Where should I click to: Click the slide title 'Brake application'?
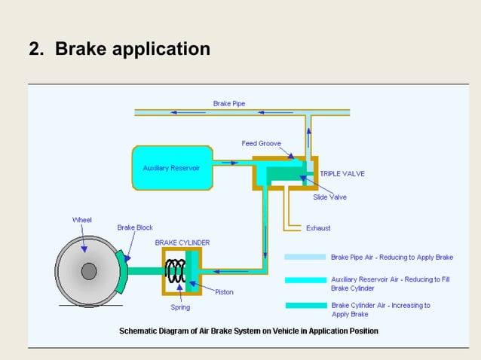point(133,50)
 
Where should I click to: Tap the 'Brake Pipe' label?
point(228,103)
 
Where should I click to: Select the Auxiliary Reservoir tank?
point(172,167)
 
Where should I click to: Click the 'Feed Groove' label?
point(261,143)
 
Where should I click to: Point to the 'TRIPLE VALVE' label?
point(342,173)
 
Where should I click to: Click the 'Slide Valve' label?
point(329,197)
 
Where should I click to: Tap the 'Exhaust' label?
point(317,227)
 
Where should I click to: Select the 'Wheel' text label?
point(82,220)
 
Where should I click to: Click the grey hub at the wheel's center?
point(89,271)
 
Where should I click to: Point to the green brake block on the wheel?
point(121,272)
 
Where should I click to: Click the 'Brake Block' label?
point(135,227)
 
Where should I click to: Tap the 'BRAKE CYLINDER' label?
point(182,243)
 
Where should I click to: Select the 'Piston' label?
point(224,291)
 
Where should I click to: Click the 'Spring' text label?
point(180,307)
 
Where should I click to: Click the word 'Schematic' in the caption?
point(139,331)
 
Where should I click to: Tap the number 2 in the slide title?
point(34,50)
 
